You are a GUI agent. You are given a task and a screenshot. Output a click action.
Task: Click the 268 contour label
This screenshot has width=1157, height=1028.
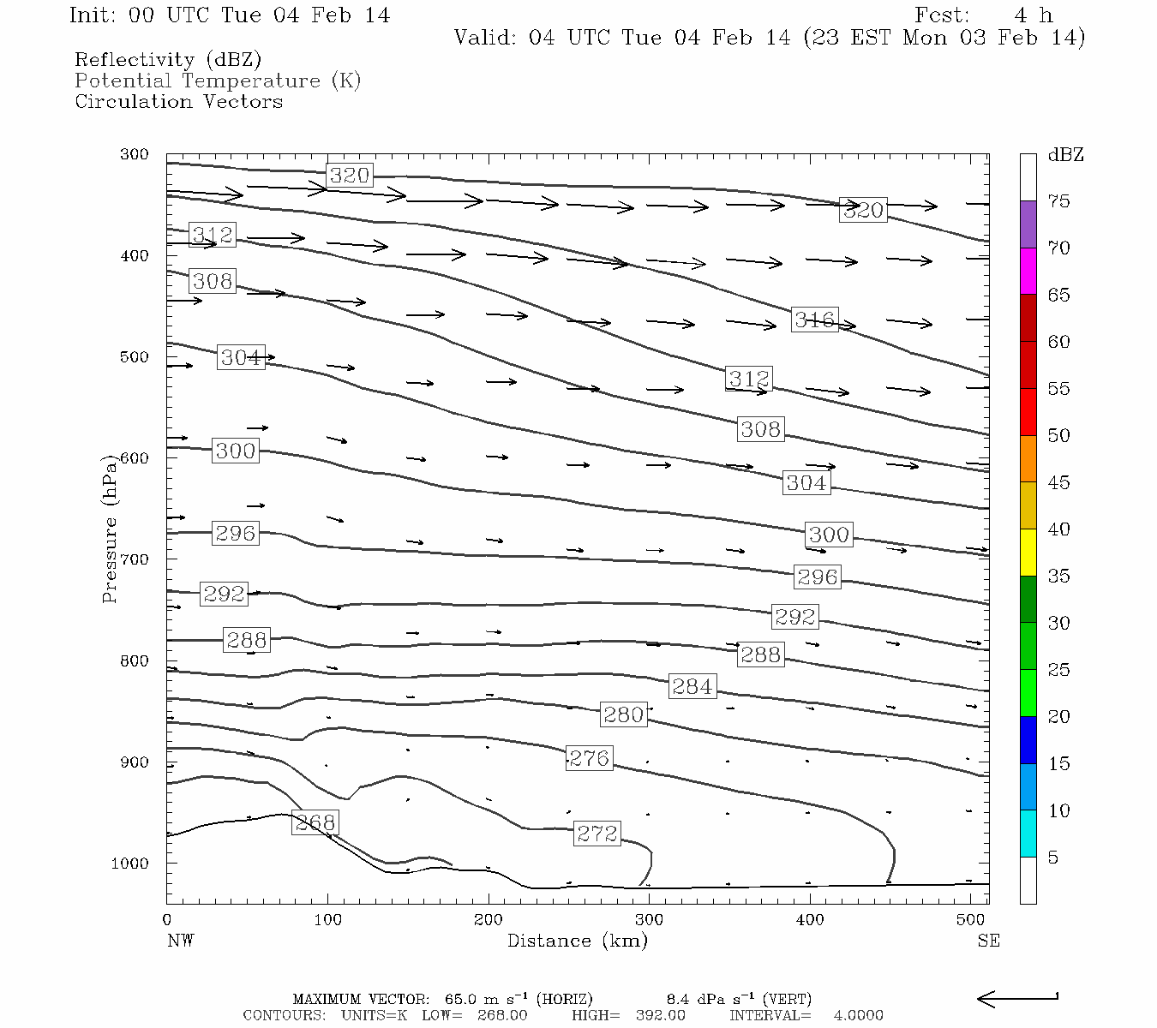(x=315, y=823)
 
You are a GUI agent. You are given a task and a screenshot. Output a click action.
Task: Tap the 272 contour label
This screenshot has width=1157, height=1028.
(x=597, y=834)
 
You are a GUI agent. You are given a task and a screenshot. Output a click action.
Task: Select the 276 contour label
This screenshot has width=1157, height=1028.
(x=590, y=758)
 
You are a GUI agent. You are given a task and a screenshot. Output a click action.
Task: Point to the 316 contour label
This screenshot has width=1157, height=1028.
(x=814, y=320)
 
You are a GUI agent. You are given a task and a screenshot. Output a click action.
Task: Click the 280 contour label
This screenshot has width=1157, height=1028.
(x=623, y=714)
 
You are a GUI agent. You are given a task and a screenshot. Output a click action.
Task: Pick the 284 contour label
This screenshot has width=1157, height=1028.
(x=692, y=686)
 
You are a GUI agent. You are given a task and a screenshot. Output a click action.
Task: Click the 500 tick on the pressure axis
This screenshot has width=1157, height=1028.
(x=135, y=357)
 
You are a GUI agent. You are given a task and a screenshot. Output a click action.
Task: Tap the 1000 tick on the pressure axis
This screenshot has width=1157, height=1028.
(x=130, y=864)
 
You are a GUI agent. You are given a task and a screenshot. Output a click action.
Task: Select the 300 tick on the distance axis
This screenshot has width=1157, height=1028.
(x=649, y=920)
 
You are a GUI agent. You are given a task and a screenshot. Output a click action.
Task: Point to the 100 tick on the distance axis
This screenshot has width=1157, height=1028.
(x=327, y=920)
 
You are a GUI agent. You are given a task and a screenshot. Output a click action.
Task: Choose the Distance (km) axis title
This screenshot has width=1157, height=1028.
(x=577, y=941)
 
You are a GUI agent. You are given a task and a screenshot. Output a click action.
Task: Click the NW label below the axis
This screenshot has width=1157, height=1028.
(x=180, y=941)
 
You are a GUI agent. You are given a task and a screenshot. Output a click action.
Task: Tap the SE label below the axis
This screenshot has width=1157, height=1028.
(x=988, y=941)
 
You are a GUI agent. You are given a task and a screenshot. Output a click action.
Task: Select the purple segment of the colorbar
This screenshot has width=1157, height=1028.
(x=1028, y=224)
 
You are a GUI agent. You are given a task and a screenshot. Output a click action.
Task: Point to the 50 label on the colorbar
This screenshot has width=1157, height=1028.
(x=1059, y=436)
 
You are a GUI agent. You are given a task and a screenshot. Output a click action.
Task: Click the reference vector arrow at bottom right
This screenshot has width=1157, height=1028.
(x=1017, y=998)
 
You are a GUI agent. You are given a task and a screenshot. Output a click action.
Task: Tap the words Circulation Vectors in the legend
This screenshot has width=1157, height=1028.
(x=178, y=101)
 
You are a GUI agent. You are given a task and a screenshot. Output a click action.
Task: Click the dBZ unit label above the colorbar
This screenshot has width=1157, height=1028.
(x=1065, y=155)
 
